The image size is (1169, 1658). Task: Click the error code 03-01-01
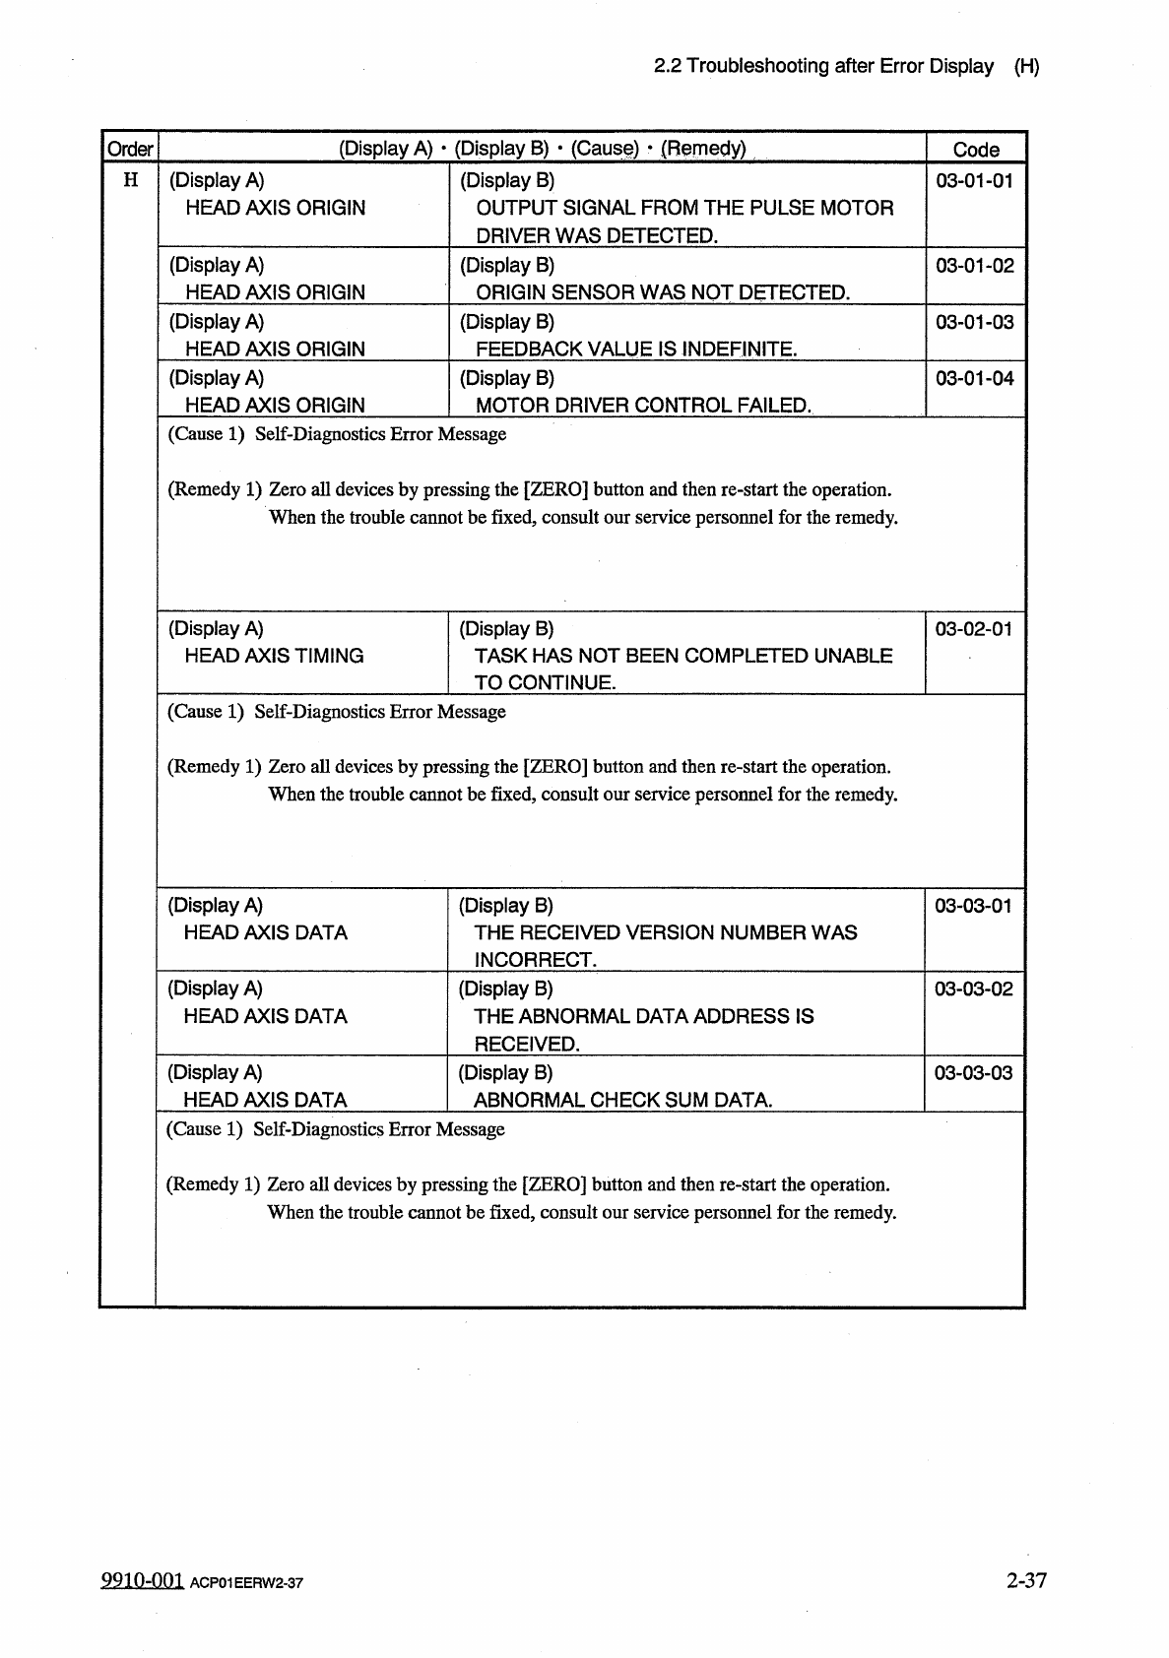click(974, 181)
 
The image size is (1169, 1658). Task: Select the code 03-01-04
click(974, 378)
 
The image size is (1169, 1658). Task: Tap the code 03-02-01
click(973, 629)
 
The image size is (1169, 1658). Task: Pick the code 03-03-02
click(973, 989)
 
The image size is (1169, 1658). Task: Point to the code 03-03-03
click(973, 1073)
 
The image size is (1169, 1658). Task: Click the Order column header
click(130, 150)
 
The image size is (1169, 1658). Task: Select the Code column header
click(975, 150)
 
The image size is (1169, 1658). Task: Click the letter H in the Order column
click(130, 181)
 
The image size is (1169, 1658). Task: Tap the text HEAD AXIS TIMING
click(274, 656)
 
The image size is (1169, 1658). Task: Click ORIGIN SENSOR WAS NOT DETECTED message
click(663, 292)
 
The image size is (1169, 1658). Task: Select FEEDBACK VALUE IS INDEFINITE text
click(636, 349)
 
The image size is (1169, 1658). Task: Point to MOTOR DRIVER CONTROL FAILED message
click(644, 405)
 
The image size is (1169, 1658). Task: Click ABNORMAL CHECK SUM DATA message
click(622, 1100)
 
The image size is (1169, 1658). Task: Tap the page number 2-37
click(1026, 1580)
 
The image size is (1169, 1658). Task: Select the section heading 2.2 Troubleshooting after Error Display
click(823, 67)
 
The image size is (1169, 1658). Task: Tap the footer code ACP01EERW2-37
click(246, 1583)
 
